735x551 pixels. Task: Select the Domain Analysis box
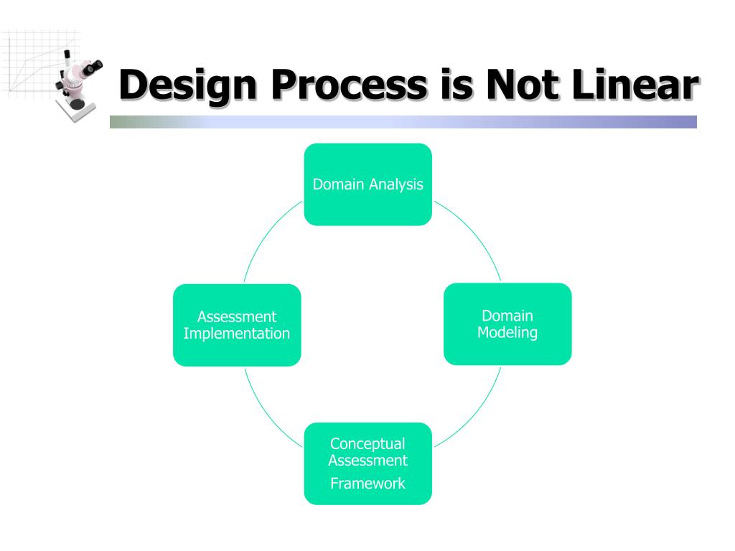click(x=367, y=184)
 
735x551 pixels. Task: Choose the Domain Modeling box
click(x=507, y=324)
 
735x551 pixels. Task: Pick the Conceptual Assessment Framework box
click(x=367, y=463)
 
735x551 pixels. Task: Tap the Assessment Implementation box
click(x=237, y=325)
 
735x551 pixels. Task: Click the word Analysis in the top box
click(x=395, y=184)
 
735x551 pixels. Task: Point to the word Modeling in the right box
click(x=507, y=333)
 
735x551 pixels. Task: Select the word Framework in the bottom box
click(x=367, y=483)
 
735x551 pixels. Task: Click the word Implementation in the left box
click(x=237, y=334)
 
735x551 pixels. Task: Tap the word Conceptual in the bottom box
click(x=367, y=444)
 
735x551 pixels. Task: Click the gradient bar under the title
click(x=403, y=122)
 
